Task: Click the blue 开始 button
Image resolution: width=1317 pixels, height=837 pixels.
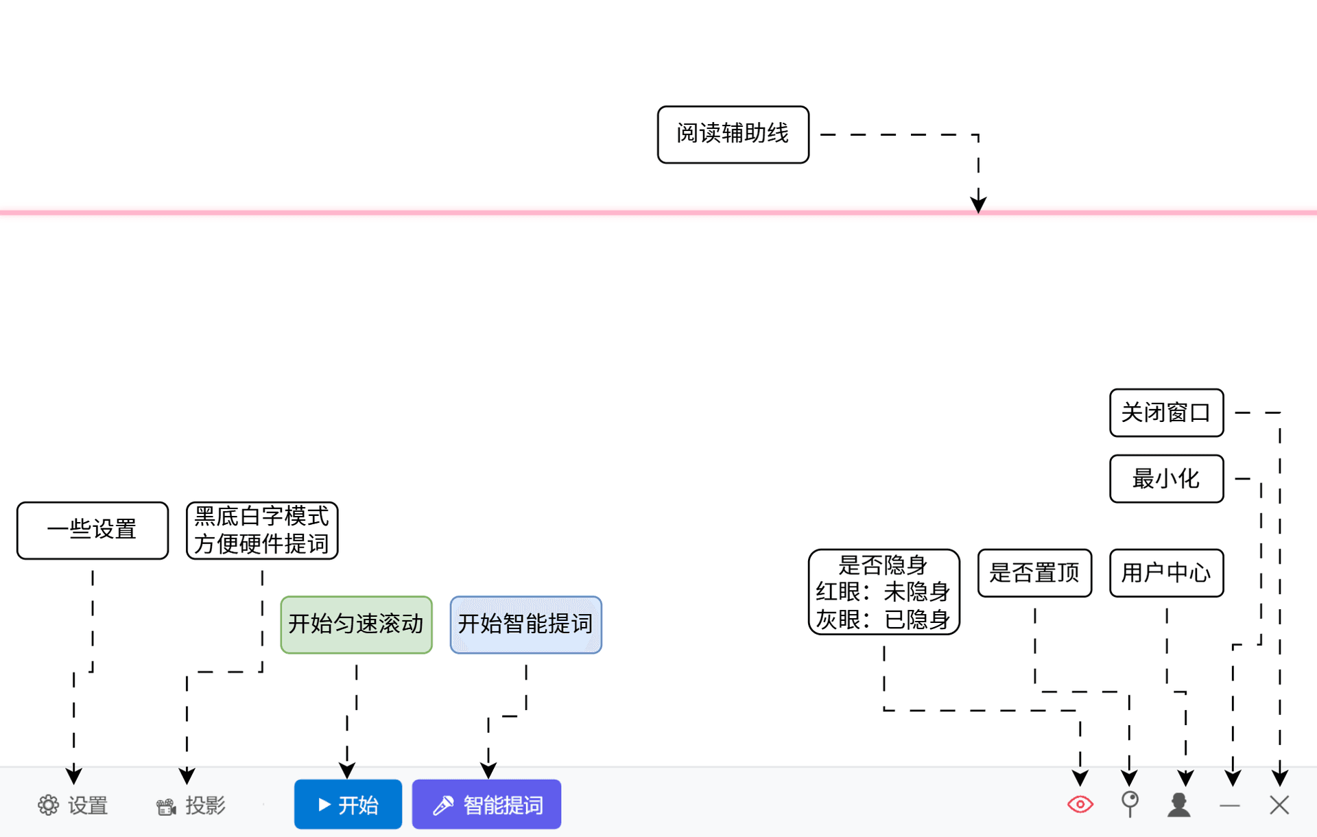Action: click(x=348, y=804)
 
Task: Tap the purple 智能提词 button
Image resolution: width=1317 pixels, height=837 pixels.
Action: click(x=486, y=804)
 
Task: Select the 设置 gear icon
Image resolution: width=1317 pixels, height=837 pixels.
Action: click(x=48, y=805)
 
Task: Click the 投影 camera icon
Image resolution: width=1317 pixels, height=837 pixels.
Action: click(x=166, y=806)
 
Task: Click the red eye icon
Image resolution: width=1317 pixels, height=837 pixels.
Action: click(x=1080, y=804)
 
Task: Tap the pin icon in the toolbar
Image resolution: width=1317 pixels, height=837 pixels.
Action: click(x=1130, y=803)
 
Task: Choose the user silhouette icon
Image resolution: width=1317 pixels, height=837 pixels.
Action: click(x=1179, y=804)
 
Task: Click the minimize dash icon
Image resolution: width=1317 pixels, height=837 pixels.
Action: click(x=1230, y=805)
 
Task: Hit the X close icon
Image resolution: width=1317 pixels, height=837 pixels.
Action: click(x=1279, y=805)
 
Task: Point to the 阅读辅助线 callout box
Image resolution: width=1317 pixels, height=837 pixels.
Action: click(x=733, y=134)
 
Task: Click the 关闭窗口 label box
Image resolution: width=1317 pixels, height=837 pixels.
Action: click(x=1166, y=412)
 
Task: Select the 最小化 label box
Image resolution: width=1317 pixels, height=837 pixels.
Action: click(x=1166, y=478)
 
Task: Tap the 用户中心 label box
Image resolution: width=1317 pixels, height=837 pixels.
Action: click(x=1166, y=572)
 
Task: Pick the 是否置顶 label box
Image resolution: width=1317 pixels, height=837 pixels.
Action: click(x=1034, y=572)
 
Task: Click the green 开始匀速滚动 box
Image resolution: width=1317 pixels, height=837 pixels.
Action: click(x=356, y=624)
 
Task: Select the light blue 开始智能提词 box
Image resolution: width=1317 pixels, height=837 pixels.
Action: click(x=525, y=624)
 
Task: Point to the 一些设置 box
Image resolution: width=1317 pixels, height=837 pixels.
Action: click(x=92, y=530)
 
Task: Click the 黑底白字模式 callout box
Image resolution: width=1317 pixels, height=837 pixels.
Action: click(x=262, y=530)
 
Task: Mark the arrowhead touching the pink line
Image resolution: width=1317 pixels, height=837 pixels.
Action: click(x=978, y=204)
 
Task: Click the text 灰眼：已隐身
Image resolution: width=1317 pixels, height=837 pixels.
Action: click(x=883, y=620)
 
